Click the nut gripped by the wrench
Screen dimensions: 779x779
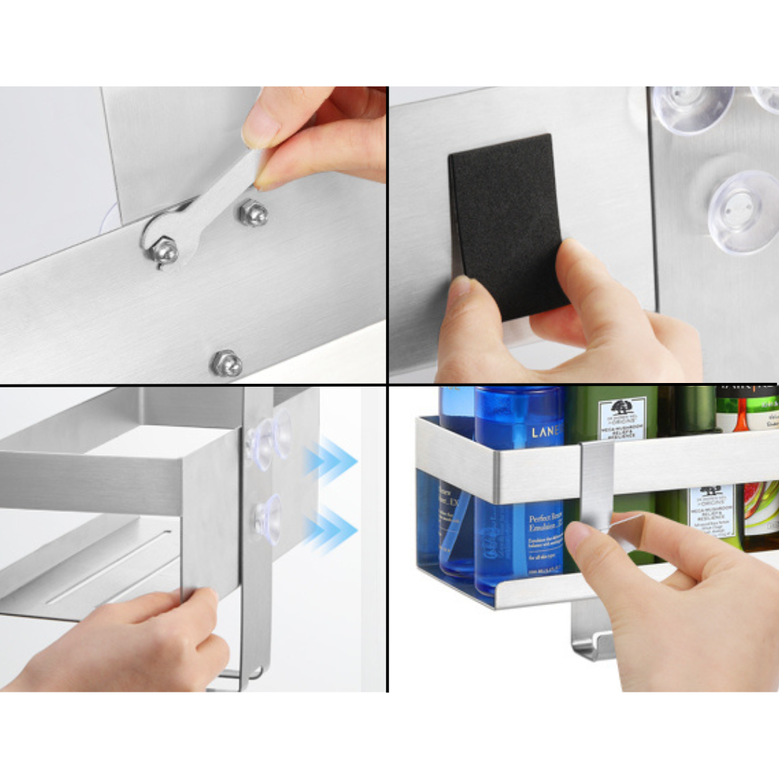(x=164, y=250)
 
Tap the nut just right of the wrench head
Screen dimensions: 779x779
(x=253, y=213)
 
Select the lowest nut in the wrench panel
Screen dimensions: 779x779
(x=226, y=362)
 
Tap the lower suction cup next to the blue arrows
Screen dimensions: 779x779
(x=266, y=516)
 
